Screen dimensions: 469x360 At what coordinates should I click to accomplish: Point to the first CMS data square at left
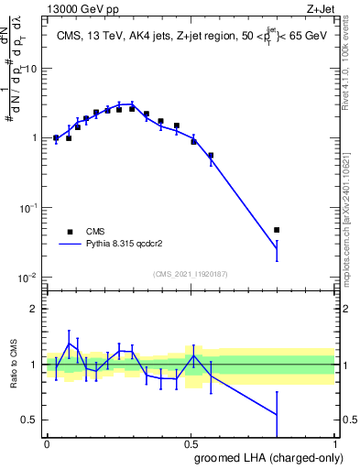[56, 138]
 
